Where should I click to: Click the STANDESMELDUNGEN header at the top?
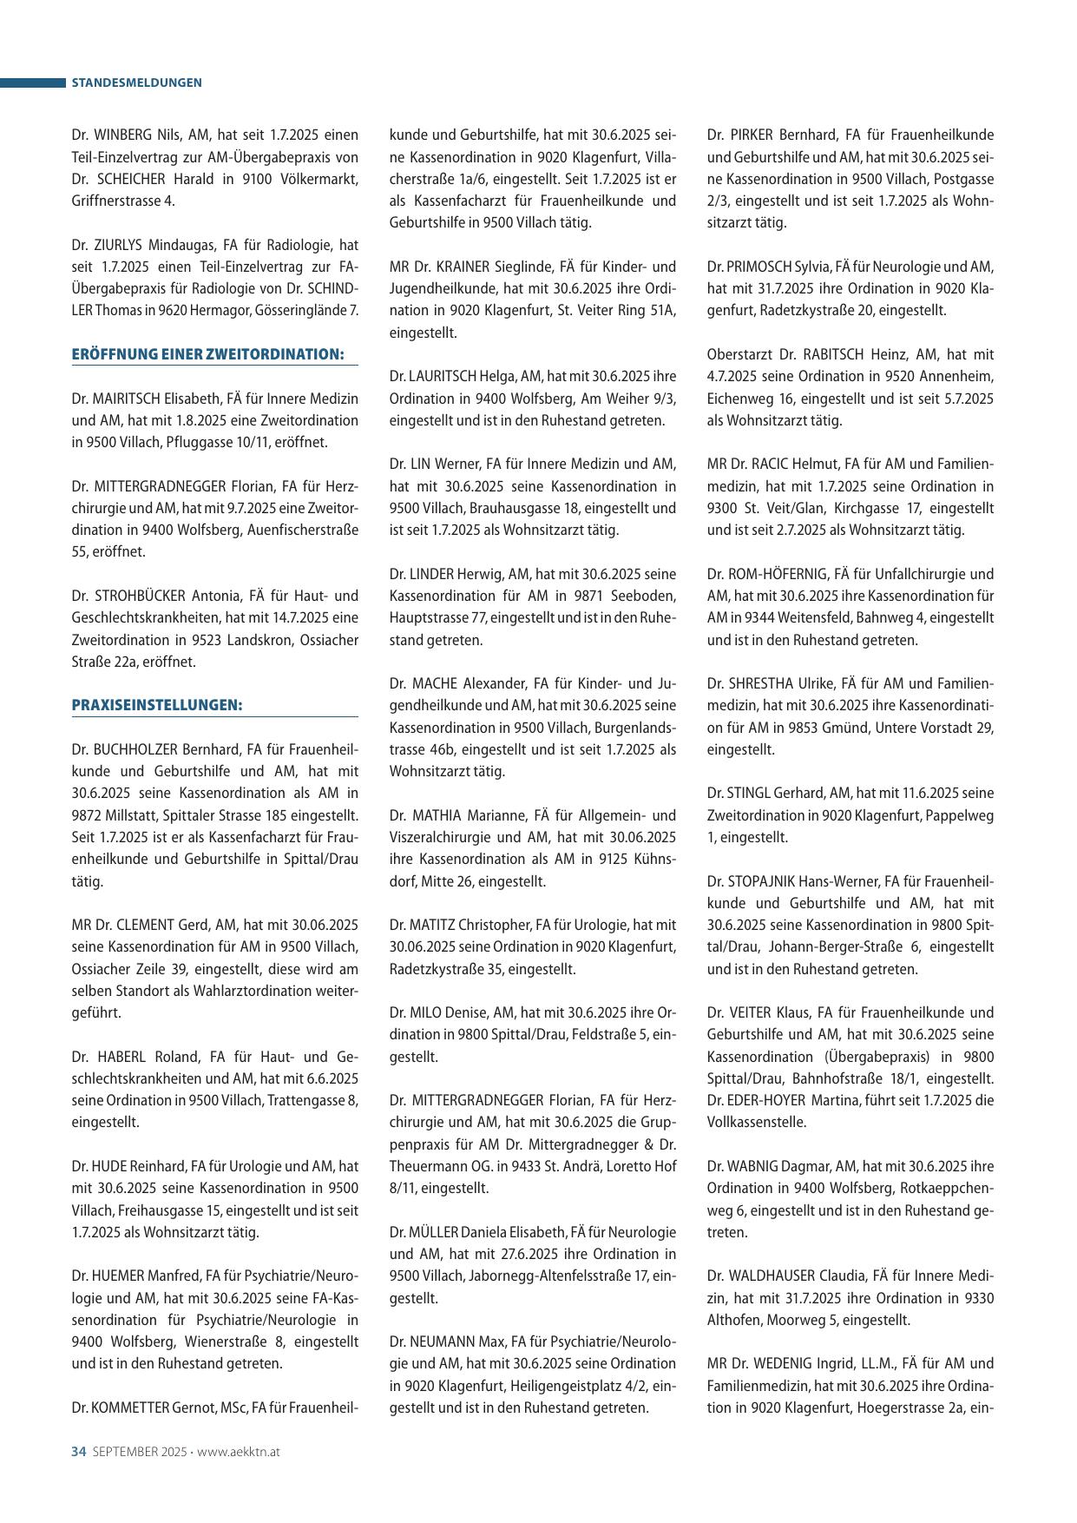tap(136, 82)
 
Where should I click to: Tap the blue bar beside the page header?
tap(33, 82)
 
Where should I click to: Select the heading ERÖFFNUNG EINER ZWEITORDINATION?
tap(207, 354)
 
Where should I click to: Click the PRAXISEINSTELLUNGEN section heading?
tap(156, 705)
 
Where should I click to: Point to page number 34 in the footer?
tap(78, 1452)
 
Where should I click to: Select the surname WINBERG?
tap(124, 135)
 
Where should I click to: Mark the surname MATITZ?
tap(434, 925)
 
